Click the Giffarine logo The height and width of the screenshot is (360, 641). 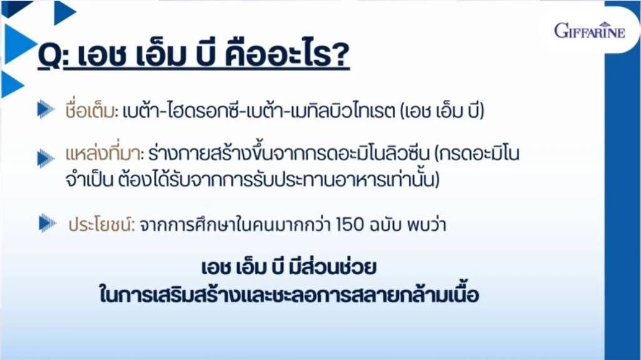coord(590,30)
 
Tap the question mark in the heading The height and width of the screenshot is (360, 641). coord(340,54)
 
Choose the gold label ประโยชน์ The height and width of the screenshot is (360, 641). coord(101,225)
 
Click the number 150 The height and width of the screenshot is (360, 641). coord(349,225)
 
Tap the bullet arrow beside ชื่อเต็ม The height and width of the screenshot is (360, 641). coord(46,110)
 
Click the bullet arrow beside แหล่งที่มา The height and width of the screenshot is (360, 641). coord(46,158)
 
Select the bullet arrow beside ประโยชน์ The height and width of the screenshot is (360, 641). coord(48,224)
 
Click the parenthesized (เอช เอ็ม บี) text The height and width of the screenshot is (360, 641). coord(442,110)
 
